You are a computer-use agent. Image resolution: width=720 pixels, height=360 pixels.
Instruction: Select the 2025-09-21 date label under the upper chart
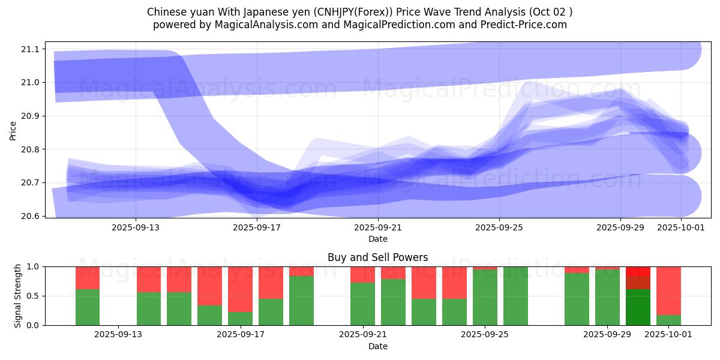(x=378, y=227)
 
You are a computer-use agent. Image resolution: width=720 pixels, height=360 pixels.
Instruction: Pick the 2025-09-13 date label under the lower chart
(x=118, y=335)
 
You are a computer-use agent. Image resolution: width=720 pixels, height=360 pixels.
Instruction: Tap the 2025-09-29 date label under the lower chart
(x=608, y=335)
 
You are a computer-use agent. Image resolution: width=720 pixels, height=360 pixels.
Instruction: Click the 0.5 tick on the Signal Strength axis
(x=34, y=296)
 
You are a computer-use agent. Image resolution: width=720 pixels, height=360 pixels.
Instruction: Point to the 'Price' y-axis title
(x=13, y=130)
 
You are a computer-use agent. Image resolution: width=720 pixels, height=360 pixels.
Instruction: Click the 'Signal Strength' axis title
(x=18, y=296)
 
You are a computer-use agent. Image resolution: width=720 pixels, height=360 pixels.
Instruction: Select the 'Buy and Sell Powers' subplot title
(x=378, y=257)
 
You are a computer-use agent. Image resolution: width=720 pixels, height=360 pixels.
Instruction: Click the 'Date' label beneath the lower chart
(x=378, y=346)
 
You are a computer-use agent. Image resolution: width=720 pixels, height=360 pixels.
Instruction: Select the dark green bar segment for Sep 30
(x=638, y=307)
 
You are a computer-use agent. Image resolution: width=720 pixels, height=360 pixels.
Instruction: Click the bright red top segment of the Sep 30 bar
(x=638, y=271)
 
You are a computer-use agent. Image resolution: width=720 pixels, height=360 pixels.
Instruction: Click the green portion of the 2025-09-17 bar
(x=240, y=319)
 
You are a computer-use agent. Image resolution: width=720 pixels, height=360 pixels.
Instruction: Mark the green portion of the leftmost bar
(x=88, y=307)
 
